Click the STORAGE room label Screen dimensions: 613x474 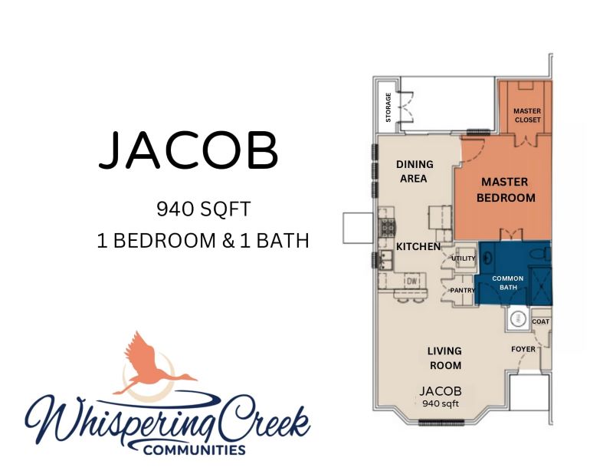pyautogui.click(x=388, y=107)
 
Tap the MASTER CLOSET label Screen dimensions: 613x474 pyautogui.click(x=527, y=116)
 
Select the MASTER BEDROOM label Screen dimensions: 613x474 pyautogui.click(x=506, y=190)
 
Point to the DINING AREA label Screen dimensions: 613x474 pyautogui.click(x=415, y=172)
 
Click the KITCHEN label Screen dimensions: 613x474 pyautogui.click(x=418, y=247)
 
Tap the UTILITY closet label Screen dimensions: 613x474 pyautogui.click(x=464, y=258)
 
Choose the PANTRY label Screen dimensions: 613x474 pyautogui.click(x=463, y=291)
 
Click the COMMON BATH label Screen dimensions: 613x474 pyautogui.click(x=508, y=282)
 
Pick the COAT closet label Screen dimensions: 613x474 pyautogui.click(x=541, y=321)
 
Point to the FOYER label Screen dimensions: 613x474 pyautogui.click(x=523, y=349)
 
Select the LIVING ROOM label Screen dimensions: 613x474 pyautogui.click(x=445, y=358)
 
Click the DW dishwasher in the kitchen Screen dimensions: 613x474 pyautogui.click(x=411, y=281)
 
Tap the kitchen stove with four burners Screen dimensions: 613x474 pyautogui.click(x=387, y=227)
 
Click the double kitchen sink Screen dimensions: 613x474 pyautogui.click(x=386, y=260)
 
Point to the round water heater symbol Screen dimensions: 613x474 pyautogui.click(x=518, y=317)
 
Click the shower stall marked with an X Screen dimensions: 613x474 pyautogui.click(x=540, y=287)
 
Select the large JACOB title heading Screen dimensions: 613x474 pyautogui.click(x=188, y=150)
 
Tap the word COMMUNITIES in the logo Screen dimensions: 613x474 pyautogui.click(x=195, y=449)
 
